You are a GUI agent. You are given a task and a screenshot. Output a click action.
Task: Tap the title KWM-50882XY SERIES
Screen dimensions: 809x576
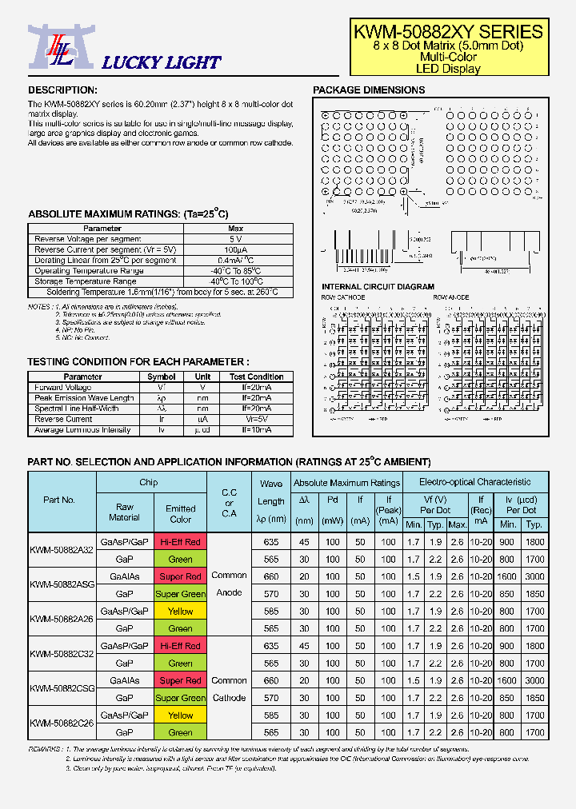point(448,32)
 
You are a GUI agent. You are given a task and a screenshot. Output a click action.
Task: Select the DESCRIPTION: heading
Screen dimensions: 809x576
point(62,90)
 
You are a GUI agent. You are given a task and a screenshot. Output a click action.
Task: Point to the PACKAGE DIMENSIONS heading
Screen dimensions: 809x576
point(369,90)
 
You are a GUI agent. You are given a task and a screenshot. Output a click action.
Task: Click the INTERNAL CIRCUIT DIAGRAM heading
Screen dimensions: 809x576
point(378,287)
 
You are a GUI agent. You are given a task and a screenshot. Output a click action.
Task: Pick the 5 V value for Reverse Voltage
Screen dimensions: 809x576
point(235,239)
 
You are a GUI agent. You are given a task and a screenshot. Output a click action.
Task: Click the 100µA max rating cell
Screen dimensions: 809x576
point(235,250)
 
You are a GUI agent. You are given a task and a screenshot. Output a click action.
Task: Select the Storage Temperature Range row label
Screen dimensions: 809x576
point(85,281)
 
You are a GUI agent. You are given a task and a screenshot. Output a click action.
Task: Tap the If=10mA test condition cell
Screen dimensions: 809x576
point(256,430)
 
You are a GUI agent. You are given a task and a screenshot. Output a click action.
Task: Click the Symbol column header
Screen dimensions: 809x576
point(162,377)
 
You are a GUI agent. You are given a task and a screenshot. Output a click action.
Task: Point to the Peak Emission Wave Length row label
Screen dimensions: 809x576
point(84,398)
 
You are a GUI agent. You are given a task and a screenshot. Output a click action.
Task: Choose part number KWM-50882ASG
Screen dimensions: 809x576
point(62,584)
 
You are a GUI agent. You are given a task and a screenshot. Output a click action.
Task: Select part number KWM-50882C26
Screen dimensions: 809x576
point(62,723)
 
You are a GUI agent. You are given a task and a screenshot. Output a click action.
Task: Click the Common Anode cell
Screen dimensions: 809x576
point(229,584)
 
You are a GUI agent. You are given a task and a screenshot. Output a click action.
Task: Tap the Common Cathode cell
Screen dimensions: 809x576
point(229,689)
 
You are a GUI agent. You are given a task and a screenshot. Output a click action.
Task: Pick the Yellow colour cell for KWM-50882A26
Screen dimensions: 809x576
point(180,612)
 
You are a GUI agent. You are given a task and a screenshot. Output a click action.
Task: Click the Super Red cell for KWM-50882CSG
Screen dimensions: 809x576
point(180,681)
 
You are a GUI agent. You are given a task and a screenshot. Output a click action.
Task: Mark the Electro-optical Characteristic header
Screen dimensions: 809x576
point(475,482)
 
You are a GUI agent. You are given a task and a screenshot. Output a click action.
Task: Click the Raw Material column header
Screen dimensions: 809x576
point(124,512)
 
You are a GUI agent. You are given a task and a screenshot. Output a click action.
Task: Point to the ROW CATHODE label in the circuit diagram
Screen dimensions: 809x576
point(342,297)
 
